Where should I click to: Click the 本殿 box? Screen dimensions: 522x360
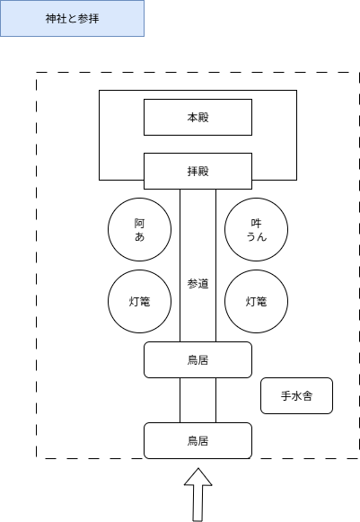[x=198, y=117]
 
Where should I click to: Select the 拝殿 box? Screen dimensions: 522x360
[x=198, y=170]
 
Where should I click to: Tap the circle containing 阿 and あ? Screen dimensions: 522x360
[x=139, y=229]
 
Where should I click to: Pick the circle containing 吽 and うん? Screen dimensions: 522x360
[x=256, y=229]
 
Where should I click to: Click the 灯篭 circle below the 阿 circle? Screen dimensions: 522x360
[x=139, y=301]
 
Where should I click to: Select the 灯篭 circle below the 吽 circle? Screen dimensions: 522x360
[x=256, y=301]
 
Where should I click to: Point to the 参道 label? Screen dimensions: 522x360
[x=198, y=284]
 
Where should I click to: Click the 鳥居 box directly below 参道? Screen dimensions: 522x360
[x=198, y=360]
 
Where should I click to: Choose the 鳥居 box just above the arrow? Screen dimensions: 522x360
[x=198, y=440]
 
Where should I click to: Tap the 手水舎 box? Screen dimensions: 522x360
[x=296, y=395]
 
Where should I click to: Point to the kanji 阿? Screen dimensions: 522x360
[x=139, y=222]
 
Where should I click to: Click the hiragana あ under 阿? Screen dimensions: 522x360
[x=139, y=236]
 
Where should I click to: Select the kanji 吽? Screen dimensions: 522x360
[x=256, y=222]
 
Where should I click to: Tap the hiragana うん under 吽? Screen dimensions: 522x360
[x=256, y=236]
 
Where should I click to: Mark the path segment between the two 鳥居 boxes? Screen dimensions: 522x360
[x=198, y=400]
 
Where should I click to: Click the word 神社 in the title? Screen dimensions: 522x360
[x=56, y=19]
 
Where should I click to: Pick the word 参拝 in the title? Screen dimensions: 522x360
[x=88, y=19]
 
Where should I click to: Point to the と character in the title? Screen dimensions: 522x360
[x=72, y=19]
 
